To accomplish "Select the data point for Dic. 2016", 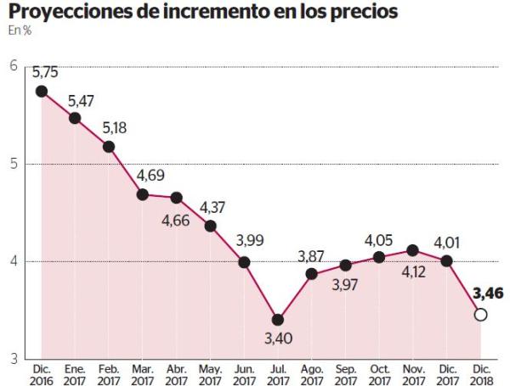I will [x=41, y=91].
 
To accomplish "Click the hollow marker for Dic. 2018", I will [x=480, y=315].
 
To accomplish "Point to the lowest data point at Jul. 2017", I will [x=278, y=320].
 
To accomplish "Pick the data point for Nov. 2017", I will [x=413, y=250].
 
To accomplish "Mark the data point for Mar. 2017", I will [x=143, y=194].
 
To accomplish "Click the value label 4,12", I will [x=414, y=271].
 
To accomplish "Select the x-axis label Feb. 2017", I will [x=109, y=374].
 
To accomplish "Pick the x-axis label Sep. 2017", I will [x=345, y=374].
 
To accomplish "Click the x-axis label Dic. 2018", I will [x=480, y=374].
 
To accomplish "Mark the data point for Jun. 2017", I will [x=244, y=262].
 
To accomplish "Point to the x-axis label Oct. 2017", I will [x=379, y=374].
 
